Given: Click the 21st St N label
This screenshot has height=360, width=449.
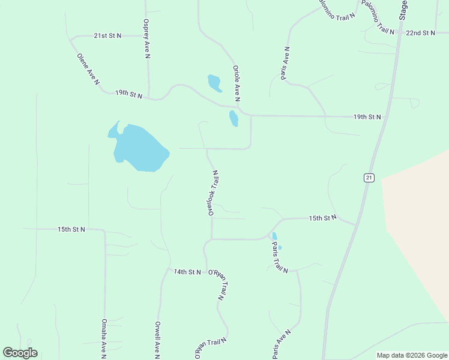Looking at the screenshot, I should coord(107,36).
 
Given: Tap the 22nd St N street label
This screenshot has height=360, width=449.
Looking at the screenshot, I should coord(420,33).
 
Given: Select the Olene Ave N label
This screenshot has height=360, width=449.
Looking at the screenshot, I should coord(88,69).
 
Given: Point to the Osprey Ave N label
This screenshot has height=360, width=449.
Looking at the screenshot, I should coord(146,39).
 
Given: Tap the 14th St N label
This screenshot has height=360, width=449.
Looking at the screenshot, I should coord(187,272).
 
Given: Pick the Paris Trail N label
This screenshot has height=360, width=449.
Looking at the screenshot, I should coord(280,258).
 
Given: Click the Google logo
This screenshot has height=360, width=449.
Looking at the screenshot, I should coord(20,353).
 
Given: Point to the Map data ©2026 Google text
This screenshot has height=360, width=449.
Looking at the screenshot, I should coord(412,355).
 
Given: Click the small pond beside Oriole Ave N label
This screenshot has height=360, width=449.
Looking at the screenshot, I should coord(214,83).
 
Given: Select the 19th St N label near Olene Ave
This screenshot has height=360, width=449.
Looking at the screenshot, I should coord(128,94).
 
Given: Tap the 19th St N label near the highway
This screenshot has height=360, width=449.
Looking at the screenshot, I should coord(367,116).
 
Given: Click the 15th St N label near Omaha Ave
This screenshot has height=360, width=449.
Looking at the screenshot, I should coord(71,229).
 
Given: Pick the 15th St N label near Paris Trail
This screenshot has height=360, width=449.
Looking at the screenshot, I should coord(322,218).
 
